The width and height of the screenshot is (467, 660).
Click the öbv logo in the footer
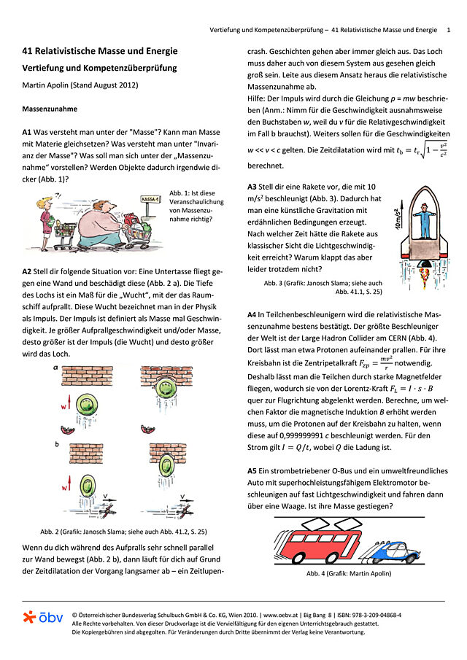43,618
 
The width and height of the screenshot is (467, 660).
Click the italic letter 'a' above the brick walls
56,369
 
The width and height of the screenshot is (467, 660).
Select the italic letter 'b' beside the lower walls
56,442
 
